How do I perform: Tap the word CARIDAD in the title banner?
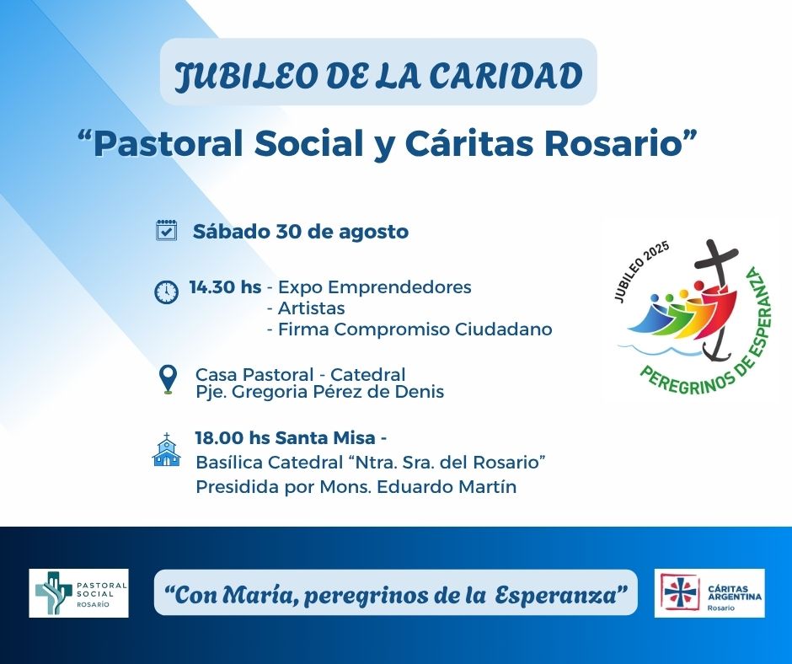click(506, 76)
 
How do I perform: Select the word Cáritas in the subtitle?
click(468, 143)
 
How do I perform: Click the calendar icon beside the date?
click(166, 230)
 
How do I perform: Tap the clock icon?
click(166, 292)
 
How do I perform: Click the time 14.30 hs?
click(225, 287)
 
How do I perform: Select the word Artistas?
click(311, 308)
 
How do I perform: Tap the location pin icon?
click(168, 379)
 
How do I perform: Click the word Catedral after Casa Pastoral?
click(367, 375)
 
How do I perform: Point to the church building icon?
click(167, 450)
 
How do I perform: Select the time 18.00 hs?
click(233, 437)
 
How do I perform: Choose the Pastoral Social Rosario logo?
click(79, 592)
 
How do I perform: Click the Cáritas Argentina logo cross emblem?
click(681, 592)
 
